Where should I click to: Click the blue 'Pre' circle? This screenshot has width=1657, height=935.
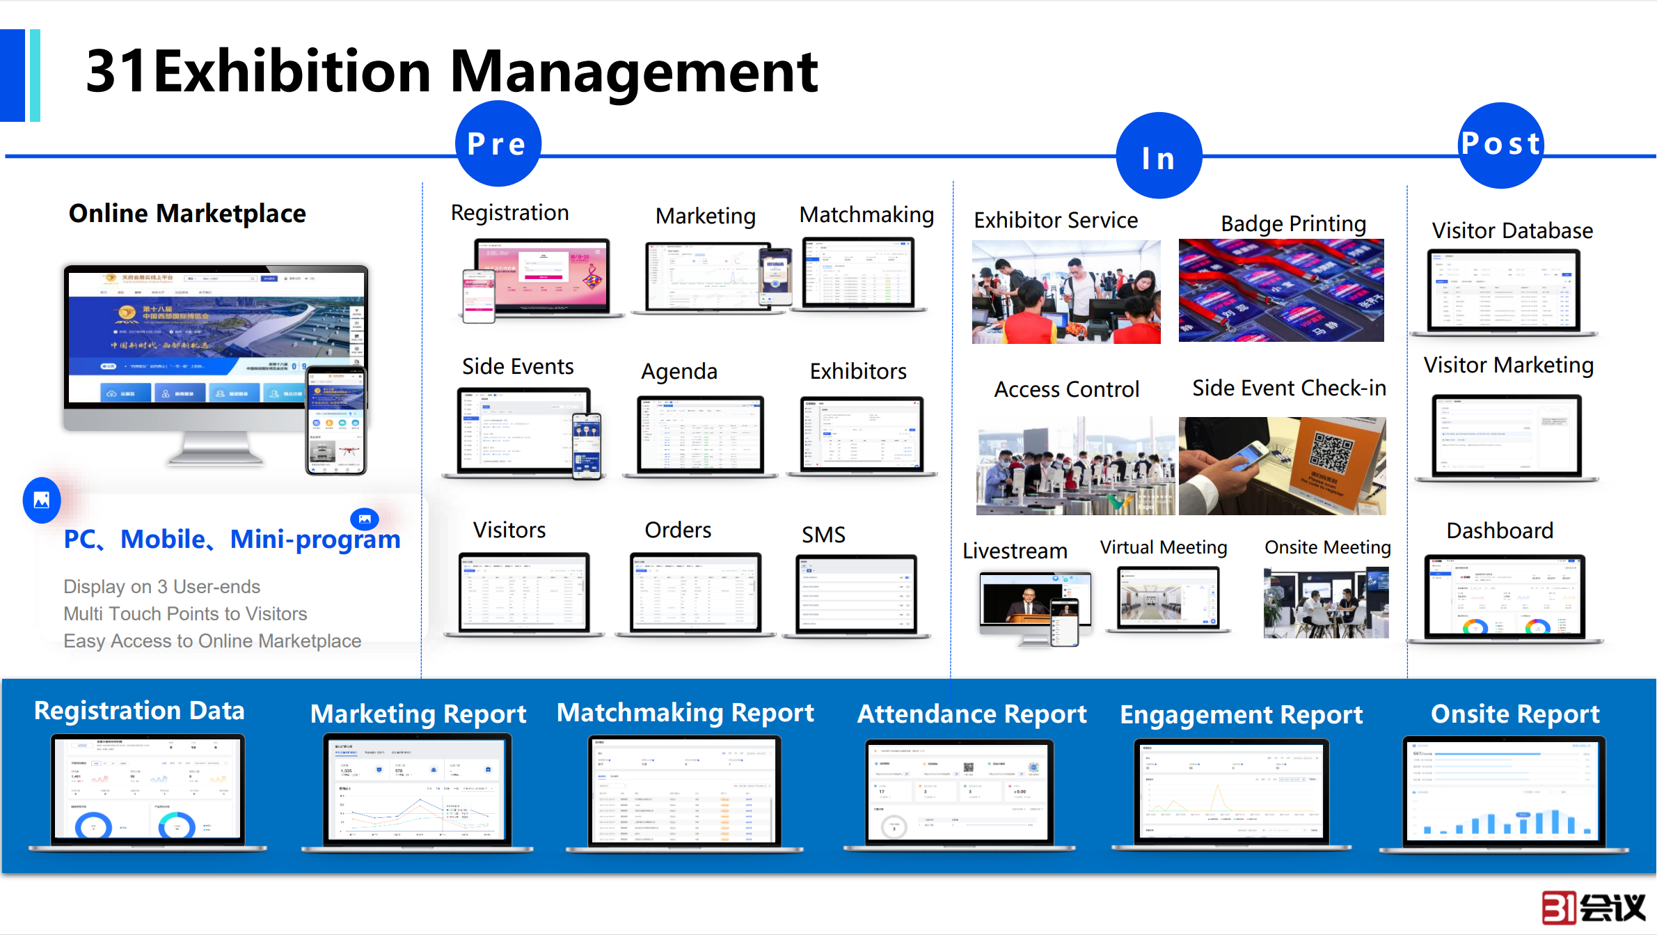[x=498, y=143]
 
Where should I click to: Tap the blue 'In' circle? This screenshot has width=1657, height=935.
[x=1159, y=156]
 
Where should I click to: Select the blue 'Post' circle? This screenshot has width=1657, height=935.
[x=1501, y=145]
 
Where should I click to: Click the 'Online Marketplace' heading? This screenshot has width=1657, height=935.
[x=187, y=213]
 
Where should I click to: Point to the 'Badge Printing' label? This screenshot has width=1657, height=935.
[x=1293, y=223]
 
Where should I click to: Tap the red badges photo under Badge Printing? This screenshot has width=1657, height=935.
[x=1281, y=290]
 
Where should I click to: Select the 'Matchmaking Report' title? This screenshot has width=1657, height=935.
[x=685, y=713]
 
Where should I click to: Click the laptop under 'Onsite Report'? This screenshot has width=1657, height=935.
[x=1504, y=794]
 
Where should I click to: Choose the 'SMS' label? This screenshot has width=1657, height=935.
[x=823, y=535]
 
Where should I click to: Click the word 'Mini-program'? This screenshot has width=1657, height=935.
[x=315, y=540]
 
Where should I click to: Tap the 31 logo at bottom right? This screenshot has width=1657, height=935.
[x=1592, y=907]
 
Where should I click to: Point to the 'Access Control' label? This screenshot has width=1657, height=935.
[x=1066, y=389]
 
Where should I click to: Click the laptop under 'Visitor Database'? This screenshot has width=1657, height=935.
[x=1503, y=292]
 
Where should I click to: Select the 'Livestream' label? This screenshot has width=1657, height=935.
[x=1015, y=551]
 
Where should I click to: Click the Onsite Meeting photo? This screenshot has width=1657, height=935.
[x=1326, y=602]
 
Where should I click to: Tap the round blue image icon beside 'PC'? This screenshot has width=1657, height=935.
[x=42, y=500]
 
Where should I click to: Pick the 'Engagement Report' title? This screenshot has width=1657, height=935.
[x=1241, y=714]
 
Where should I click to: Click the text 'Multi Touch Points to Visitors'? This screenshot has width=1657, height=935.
[x=185, y=613]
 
